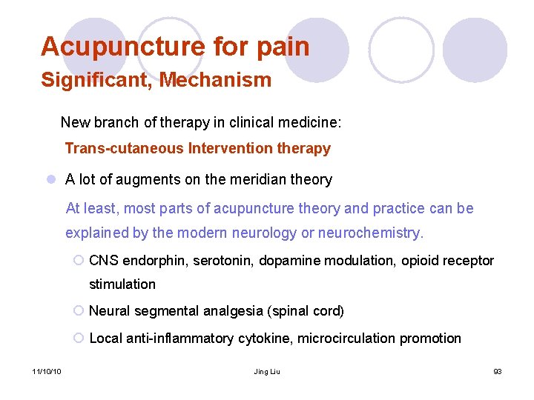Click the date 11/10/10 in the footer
click(47, 370)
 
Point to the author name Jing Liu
click(266, 370)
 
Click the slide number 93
click(497, 370)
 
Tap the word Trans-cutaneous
click(124, 148)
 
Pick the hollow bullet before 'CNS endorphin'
click(79, 260)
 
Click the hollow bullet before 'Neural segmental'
click(79, 311)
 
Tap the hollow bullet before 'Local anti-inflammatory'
click(79, 339)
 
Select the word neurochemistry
click(370, 233)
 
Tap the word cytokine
click(260, 339)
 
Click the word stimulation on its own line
click(122, 284)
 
